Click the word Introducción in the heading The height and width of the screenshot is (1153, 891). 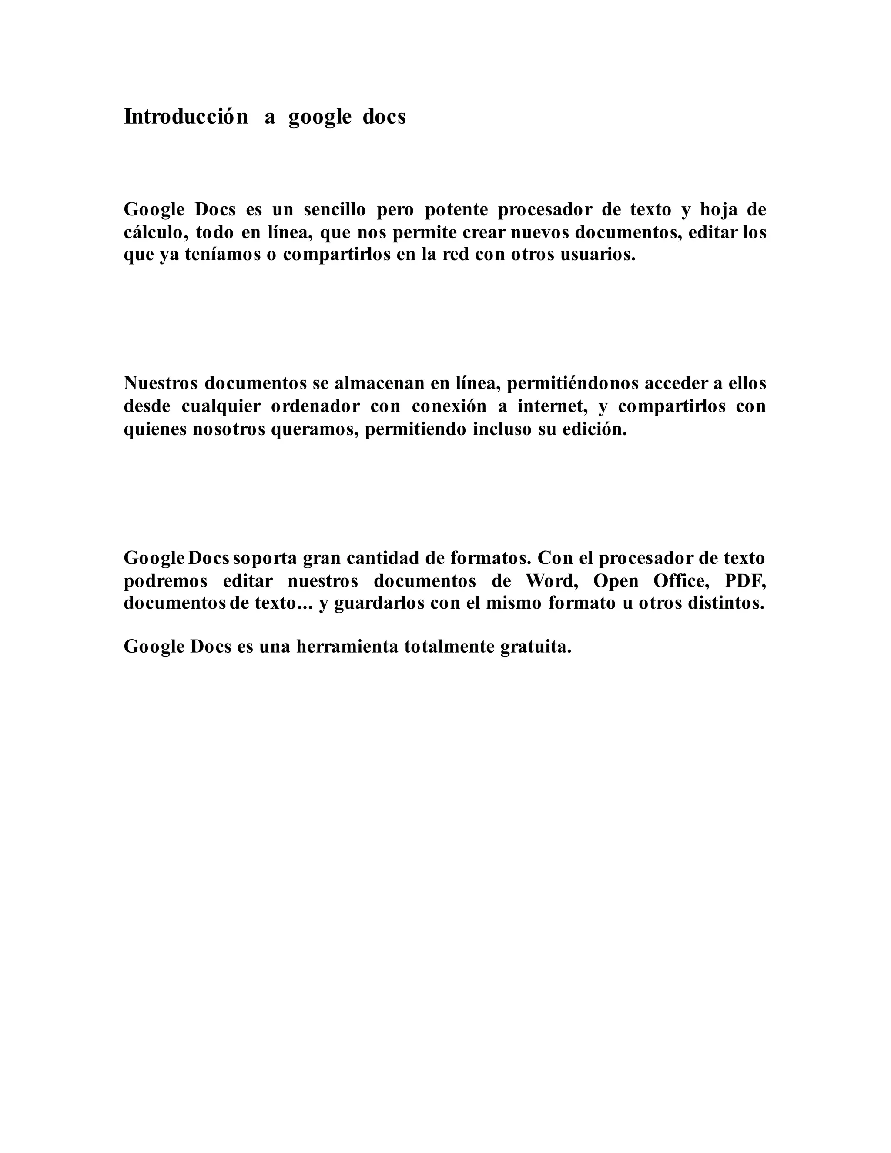click(x=185, y=117)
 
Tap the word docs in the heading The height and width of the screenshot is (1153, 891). click(x=384, y=117)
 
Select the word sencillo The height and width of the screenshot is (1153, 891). click(x=335, y=210)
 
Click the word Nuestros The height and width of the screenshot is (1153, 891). click(x=161, y=383)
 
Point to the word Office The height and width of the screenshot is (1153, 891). click(x=681, y=581)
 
